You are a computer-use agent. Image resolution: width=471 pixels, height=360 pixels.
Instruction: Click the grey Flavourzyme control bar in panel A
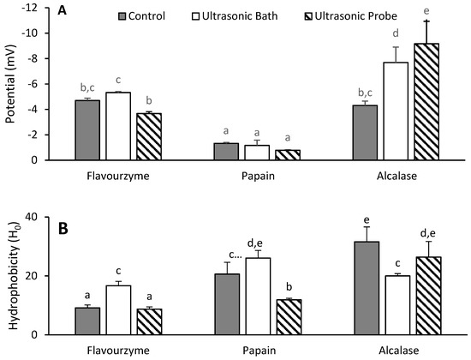tap(87, 129)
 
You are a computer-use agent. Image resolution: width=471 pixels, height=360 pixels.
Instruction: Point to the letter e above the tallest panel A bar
tap(403, 12)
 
